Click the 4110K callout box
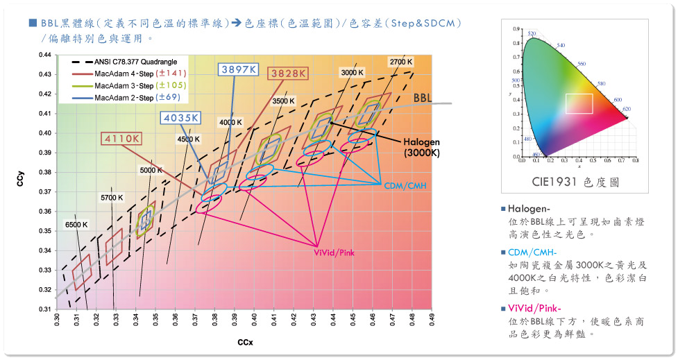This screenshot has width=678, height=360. pyautogui.click(x=124, y=138)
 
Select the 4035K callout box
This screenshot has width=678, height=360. pyautogui.click(x=181, y=118)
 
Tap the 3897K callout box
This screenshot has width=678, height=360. pyautogui.click(x=239, y=69)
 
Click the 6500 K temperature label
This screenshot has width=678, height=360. pyautogui.click(x=76, y=224)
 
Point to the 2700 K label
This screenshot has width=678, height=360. pyautogui.click(x=401, y=62)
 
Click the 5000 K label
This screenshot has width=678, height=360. pyautogui.click(x=151, y=170)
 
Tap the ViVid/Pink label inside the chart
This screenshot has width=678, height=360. pyautogui.click(x=334, y=253)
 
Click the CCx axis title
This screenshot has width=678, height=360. pyautogui.click(x=244, y=342)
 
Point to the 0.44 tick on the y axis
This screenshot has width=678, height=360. pyautogui.click(x=44, y=55)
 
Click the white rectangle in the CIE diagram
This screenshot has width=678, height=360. pyautogui.click(x=578, y=103)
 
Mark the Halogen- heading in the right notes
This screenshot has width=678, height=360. pyautogui.click(x=529, y=209)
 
